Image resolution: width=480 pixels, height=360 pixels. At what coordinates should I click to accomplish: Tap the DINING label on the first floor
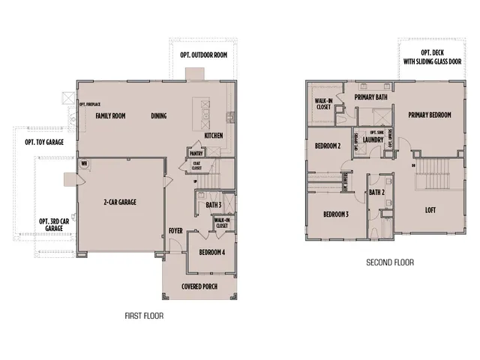158,115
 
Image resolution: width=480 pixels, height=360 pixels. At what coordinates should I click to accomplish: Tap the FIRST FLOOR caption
144,316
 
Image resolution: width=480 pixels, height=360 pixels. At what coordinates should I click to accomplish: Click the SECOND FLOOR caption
389,262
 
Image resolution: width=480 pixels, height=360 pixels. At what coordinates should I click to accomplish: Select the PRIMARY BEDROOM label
430,115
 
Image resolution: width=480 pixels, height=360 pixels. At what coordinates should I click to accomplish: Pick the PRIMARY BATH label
370,97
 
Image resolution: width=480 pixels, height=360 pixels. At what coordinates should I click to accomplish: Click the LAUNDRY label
373,139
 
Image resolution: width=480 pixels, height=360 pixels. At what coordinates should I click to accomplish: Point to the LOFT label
430,210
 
